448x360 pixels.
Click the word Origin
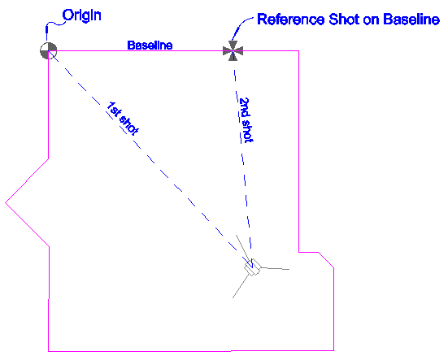(x=82, y=15)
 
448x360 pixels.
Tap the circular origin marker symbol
(x=48, y=51)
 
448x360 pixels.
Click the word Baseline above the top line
(x=150, y=46)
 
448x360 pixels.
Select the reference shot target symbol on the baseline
(x=233, y=51)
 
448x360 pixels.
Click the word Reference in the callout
(x=291, y=20)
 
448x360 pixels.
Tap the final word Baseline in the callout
(x=411, y=20)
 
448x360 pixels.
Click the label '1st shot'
(x=122, y=118)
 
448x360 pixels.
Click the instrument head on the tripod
(x=253, y=267)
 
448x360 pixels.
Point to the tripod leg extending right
(x=275, y=268)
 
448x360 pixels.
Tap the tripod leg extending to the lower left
(x=241, y=286)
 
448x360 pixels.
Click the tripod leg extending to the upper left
(x=242, y=247)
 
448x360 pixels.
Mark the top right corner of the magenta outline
(x=298, y=51)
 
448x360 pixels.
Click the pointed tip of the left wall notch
(x=6, y=202)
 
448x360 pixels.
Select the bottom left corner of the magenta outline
(x=48, y=351)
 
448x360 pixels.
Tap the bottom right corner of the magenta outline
(x=333, y=350)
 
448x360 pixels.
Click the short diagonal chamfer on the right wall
(x=326, y=260)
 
